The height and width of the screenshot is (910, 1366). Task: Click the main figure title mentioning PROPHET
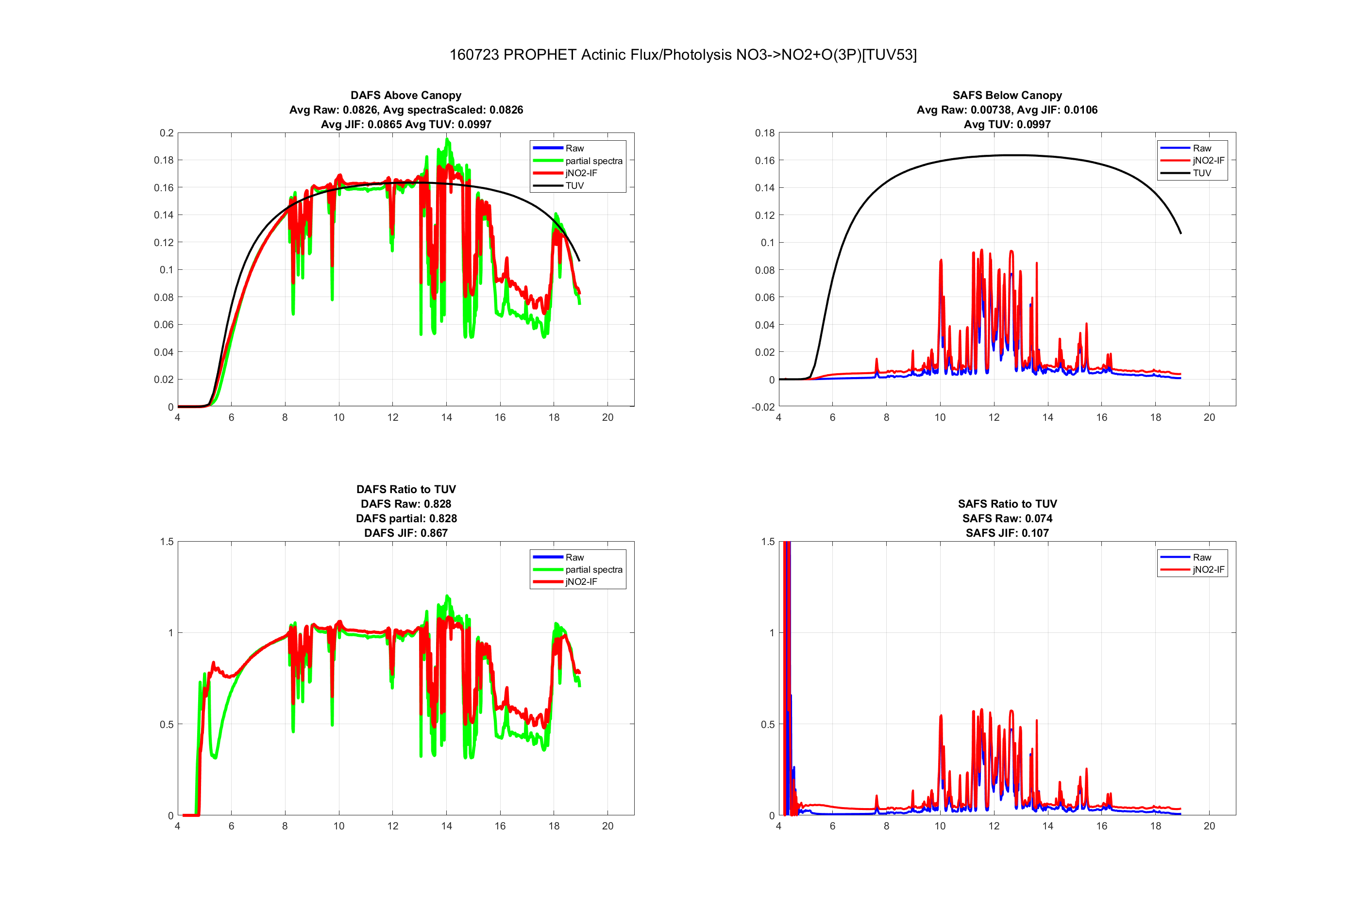point(683,54)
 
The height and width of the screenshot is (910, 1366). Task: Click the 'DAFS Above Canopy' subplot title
point(406,95)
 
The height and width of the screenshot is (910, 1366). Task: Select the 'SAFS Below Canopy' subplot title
point(1007,95)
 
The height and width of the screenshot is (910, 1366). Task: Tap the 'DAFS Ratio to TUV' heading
point(406,489)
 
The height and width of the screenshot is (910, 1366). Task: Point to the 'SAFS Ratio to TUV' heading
point(1007,504)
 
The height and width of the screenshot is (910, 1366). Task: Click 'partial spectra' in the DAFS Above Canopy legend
point(593,161)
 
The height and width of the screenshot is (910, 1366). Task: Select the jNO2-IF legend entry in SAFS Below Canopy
point(1208,160)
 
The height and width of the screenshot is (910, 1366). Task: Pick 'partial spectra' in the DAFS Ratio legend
point(593,569)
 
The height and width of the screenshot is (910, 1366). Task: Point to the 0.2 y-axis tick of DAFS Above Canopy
point(167,133)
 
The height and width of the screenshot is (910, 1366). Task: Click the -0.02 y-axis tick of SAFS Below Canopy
point(763,407)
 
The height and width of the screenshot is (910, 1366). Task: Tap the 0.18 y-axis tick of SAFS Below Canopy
point(764,133)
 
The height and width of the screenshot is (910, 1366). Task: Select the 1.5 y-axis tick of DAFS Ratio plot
point(167,542)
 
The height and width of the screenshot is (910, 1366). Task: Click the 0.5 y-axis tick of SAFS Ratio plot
point(767,724)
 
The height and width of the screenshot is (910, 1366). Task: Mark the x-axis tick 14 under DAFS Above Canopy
point(446,417)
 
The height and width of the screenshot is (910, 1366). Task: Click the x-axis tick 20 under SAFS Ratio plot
point(1209,826)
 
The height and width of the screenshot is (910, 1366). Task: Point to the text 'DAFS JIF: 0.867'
point(406,533)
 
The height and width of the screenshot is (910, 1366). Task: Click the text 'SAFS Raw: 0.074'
point(1007,518)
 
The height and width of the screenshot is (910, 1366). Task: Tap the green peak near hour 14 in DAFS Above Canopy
point(447,140)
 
